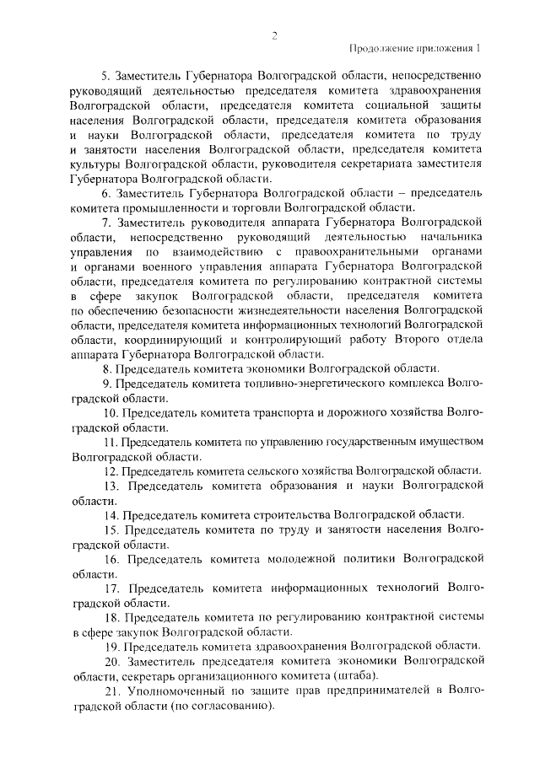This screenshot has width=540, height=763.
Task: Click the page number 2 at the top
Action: (x=274, y=35)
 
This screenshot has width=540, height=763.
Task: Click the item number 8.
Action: (x=106, y=368)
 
